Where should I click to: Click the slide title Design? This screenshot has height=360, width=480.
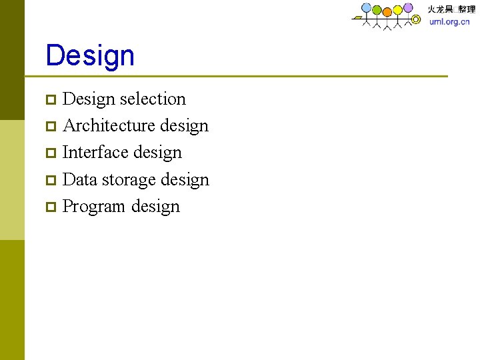coord(90,55)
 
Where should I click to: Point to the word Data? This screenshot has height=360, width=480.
coord(79,180)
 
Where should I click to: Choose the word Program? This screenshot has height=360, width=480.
coord(94,207)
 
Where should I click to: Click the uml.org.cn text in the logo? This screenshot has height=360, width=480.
coord(449,21)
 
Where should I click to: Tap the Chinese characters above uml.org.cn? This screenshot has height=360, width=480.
coord(451,9)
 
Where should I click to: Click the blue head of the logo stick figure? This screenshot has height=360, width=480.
coord(366,7)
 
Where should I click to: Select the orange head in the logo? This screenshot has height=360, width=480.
coord(387,10)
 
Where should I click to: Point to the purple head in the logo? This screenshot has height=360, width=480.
coord(407,8)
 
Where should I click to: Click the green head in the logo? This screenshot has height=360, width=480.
coord(377,10)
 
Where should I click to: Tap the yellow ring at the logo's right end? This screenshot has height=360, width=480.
coord(416,19)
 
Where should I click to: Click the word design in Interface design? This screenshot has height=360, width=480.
coord(157,153)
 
